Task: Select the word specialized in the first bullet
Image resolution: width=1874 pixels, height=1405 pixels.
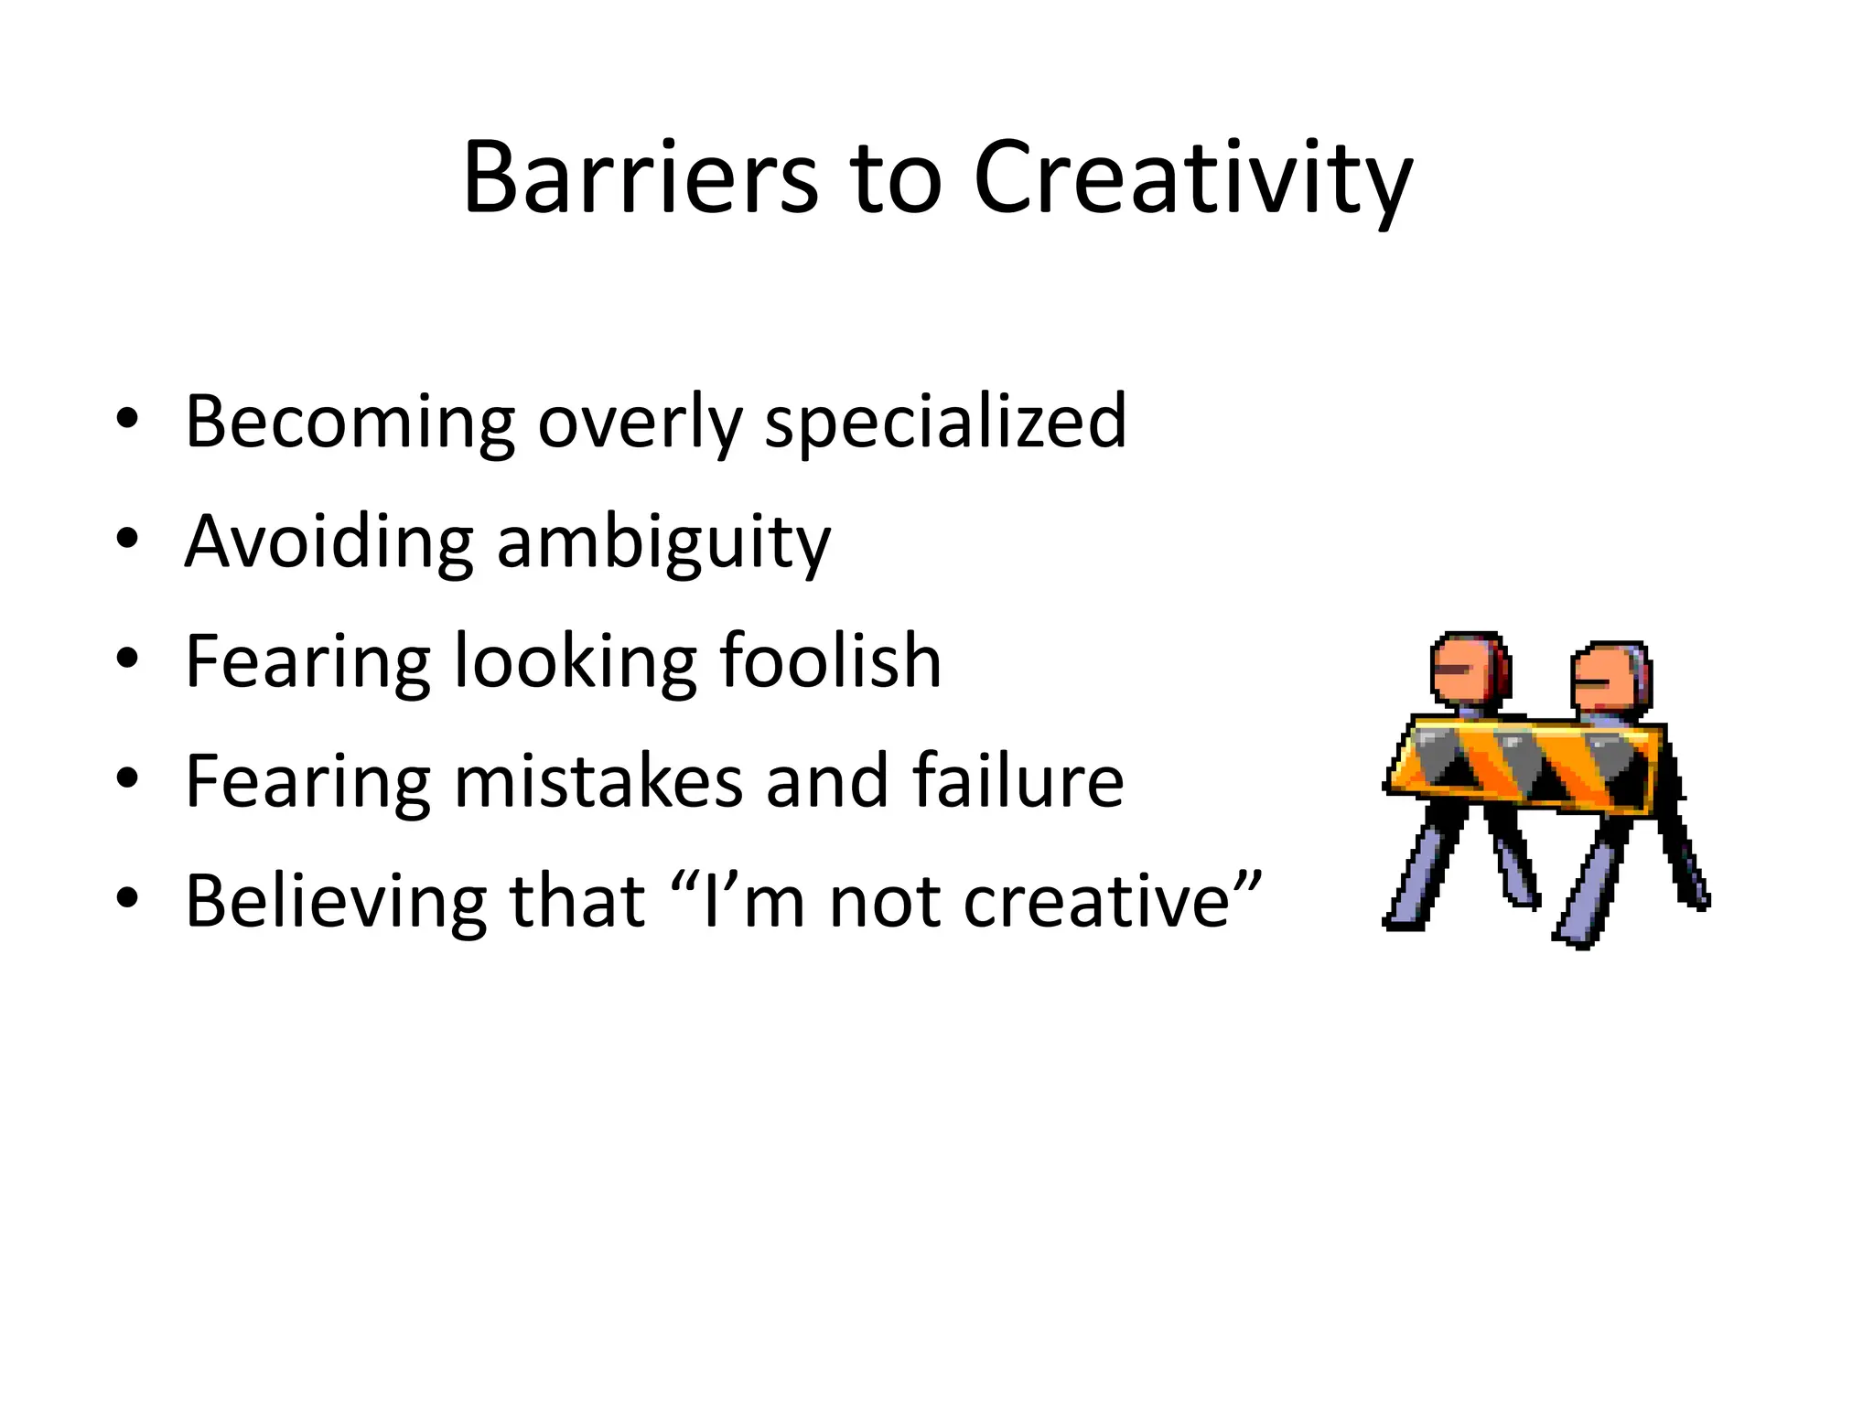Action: [945, 422]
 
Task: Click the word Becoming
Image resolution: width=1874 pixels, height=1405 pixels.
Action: [350, 422]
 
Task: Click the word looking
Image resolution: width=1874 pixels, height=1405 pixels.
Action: [575, 662]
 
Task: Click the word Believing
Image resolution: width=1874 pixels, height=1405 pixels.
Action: [336, 901]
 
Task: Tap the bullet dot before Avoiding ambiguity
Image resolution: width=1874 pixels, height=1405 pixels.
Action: [127, 539]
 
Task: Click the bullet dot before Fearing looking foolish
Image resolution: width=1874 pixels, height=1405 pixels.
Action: [127, 659]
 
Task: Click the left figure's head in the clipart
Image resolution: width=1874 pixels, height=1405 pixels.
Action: [1468, 670]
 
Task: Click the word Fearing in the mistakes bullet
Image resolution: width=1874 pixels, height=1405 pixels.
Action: [307, 782]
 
